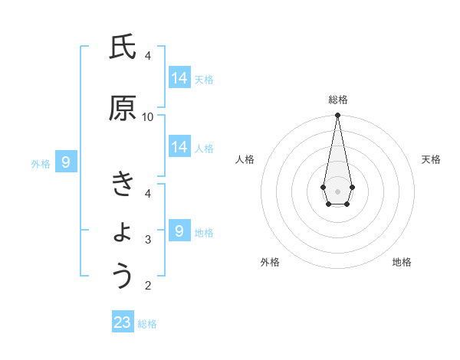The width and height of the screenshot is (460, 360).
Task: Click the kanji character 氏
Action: [x=122, y=48]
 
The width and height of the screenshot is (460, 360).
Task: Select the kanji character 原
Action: [x=122, y=109]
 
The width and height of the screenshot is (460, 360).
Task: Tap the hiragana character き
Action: [x=122, y=185]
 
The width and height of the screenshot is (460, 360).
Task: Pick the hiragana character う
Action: [x=123, y=276]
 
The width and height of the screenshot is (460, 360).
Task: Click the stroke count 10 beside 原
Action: [x=148, y=116]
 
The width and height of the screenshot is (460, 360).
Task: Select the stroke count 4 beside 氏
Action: [x=148, y=55]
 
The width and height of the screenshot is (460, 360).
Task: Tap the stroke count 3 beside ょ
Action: [x=148, y=240]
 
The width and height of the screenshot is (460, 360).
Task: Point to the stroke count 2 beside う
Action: [x=148, y=286]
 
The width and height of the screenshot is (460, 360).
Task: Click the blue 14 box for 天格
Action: [x=179, y=77]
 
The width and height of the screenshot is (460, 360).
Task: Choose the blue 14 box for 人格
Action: [x=179, y=147]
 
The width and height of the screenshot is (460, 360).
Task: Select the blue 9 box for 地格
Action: [x=179, y=230]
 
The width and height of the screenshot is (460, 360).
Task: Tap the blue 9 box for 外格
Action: [x=66, y=162]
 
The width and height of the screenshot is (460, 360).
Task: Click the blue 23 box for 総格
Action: [x=123, y=322]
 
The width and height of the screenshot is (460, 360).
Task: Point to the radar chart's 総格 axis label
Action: [x=338, y=100]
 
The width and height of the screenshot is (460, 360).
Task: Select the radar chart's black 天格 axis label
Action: [x=431, y=159]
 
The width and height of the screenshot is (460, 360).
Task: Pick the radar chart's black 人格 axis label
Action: [x=245, y=159]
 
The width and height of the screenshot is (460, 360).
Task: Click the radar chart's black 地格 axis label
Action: [x=402, y=262]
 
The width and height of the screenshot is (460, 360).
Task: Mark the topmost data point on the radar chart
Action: [x=337, y=116]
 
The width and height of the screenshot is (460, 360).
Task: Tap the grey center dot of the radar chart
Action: [x=337, y=190]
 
